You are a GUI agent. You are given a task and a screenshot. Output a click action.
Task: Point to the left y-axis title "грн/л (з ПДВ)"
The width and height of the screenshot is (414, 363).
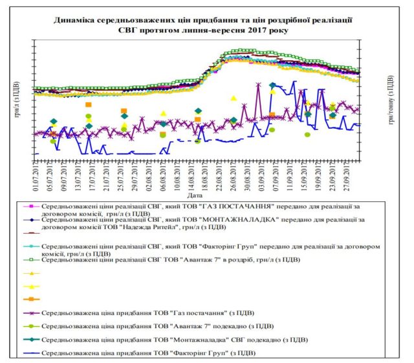point(14,97)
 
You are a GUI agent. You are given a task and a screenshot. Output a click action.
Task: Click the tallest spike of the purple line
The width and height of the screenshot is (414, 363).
point(259,83)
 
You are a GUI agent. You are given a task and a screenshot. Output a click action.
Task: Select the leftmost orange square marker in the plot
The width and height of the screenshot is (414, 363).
point(89,104)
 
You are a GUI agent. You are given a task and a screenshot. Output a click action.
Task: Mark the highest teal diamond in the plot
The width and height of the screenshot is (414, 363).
point(272,85)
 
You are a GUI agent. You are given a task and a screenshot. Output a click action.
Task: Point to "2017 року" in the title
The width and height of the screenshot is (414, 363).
point(268,30)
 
